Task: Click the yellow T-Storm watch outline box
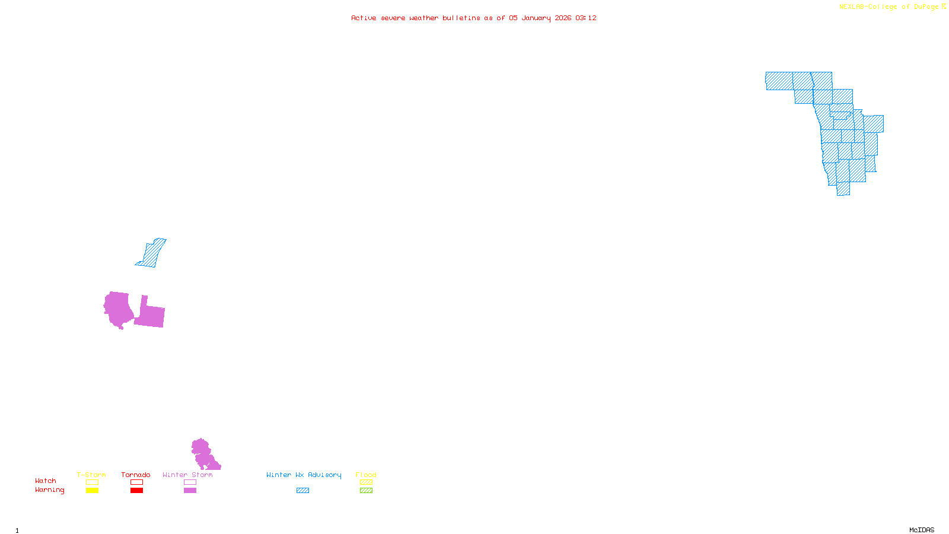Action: [92, 482]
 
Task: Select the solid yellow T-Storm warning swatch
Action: [92, 491]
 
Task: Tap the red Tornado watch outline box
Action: [136, 482]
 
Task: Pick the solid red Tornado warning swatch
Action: [136, 491]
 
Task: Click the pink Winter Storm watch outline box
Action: [190, 482]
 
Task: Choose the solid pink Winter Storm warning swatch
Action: [190, 491]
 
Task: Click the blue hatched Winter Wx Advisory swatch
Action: [302, 491]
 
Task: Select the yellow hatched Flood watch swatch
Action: [366, 482]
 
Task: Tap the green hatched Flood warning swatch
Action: [366, 491]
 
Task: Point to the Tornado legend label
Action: [136, 475]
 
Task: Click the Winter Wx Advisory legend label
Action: [304, 475]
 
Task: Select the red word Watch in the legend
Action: [46, 481]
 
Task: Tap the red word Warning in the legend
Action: [49, 490]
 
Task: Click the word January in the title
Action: [536, 18]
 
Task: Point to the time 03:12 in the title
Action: [586, 18]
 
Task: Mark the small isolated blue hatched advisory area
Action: [152, 253]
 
